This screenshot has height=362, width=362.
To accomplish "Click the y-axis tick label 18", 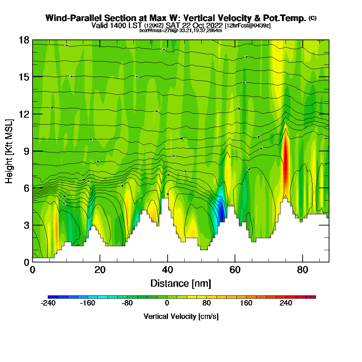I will pos(24,40).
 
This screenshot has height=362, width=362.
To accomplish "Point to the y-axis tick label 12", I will pos(24,114).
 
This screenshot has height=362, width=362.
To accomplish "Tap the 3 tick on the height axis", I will pos(26,225).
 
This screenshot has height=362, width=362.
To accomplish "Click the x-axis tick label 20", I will pos(100,270).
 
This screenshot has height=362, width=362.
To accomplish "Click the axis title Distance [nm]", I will pos(181,283).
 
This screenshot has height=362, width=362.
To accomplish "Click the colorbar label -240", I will pos(48,303).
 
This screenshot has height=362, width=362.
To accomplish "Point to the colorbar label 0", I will pos(167,303).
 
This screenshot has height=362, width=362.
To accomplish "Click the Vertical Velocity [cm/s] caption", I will pos(181,316).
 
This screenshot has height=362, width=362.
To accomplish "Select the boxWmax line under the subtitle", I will pos(181,30).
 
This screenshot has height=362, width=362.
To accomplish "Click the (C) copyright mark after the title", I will pos(312,18).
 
